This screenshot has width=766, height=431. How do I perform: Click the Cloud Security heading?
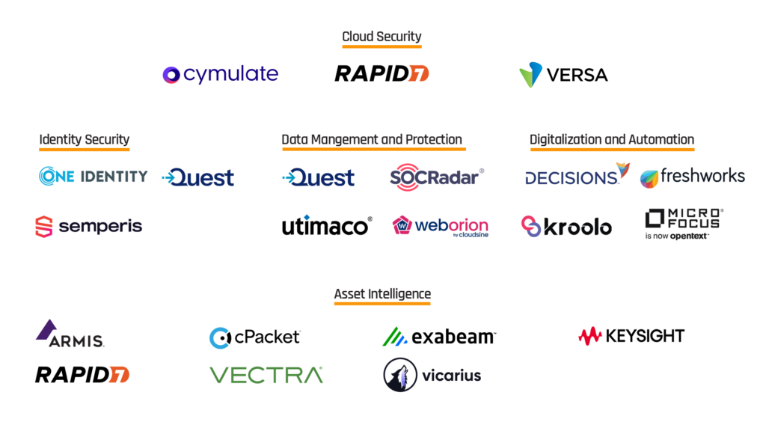(x=382, y=37)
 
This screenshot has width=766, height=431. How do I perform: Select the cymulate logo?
(x=220, y=74)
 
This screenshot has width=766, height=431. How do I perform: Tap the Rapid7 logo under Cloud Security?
(x=382, y=73)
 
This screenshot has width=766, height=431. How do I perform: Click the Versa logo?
(x=563, y=75)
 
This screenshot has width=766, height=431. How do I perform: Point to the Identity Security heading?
(x=84, y=139)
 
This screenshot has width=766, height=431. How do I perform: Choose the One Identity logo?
(x=93, y=177)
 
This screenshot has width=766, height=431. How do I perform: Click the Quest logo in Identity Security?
(x=197, y=177)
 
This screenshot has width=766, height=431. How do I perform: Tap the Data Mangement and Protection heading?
(x=371, y=139)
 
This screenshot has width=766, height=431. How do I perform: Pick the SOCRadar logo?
(x=437, y=177)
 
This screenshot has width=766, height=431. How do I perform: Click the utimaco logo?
(x=327, y=226)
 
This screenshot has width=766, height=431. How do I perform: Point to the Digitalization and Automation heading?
(x=611, y=139)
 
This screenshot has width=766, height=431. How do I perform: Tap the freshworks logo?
(x=692, y=177)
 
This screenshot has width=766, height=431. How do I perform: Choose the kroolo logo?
(x=566, y=226)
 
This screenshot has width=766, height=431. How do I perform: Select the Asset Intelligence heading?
(x=382, y=294)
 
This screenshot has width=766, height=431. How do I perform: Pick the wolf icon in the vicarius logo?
(x=400, y=375)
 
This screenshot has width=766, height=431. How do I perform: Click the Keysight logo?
(x=631, y=336)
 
